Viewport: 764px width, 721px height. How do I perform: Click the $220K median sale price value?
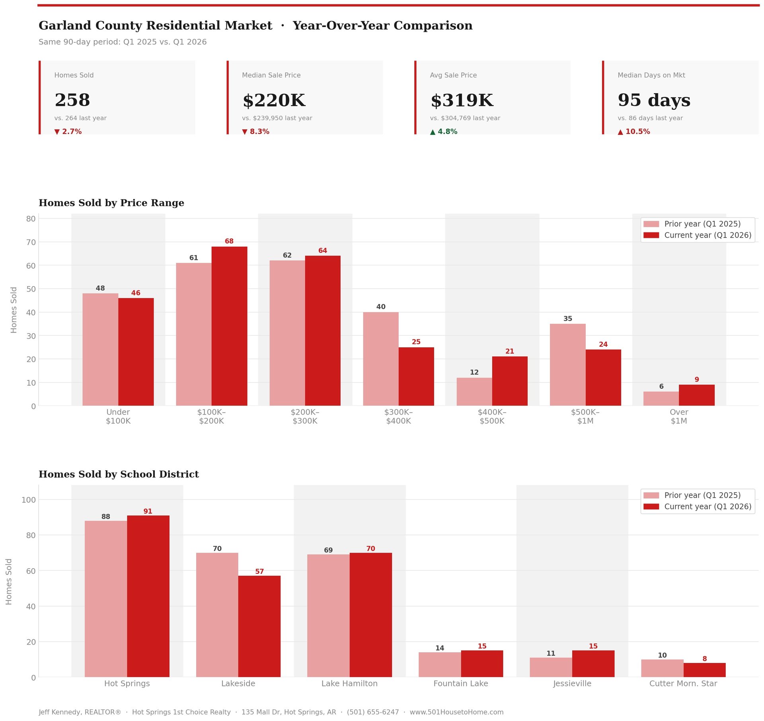pos(274,100)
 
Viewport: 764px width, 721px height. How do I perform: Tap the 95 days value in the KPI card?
pos(654,100)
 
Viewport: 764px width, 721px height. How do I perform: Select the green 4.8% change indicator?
pos(444,132)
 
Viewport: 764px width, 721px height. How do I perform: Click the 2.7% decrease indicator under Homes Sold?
pos(68,132)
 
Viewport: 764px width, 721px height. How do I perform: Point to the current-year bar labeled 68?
pos(229,326)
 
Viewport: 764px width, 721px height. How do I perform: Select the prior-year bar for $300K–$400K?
pos(381,359)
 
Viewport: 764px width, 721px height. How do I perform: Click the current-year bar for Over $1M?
pos(696,395)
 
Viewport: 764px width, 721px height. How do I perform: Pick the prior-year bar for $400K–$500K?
pos(474,392)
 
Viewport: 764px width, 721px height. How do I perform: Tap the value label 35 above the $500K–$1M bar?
pos(568,319)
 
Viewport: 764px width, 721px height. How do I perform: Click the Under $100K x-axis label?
pos(118,417)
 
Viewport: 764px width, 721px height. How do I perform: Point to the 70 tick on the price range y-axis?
pos(31,242)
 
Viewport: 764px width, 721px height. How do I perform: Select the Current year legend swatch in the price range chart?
pos(651,235)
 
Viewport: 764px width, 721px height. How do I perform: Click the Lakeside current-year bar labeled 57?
pos(259,626)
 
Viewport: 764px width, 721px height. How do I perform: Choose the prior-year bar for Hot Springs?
pos(106,599)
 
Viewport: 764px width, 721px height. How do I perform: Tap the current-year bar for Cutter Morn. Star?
pos(704,670)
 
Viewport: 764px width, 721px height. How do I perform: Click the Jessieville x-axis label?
pos(572,684)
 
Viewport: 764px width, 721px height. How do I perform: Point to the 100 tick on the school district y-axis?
pos(29,500)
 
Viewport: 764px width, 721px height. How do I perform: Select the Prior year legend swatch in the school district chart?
pos(651,495)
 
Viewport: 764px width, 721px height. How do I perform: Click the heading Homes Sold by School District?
pos(119,474)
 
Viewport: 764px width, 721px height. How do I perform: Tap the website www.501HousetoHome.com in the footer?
pos(456,712)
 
